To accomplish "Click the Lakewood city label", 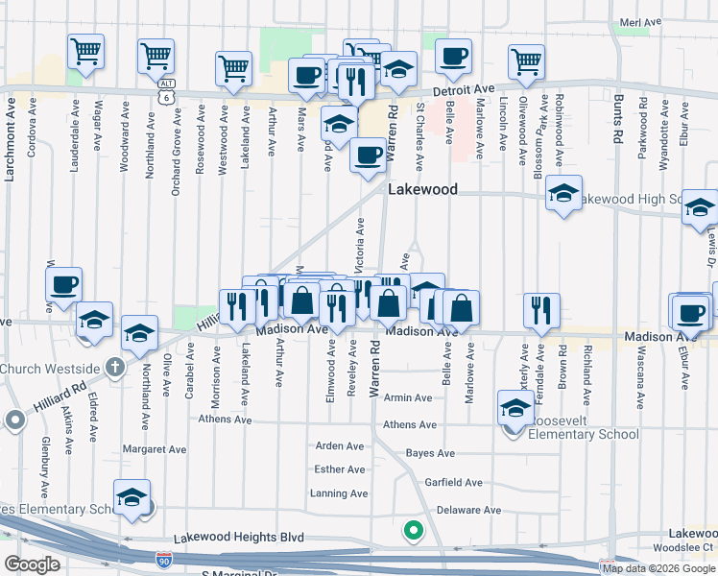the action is coord(422,190).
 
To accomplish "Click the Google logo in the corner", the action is coord(32,564).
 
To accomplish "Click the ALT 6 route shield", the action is coord(167,91).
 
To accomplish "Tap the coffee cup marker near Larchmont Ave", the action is coord(64,284).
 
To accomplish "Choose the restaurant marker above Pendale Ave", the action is coord(541,310).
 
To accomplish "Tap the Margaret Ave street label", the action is coord(155,448).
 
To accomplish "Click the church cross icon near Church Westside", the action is coord(114,367).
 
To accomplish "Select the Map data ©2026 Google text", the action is coord(658,567).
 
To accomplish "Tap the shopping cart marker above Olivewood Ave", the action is coord(526,62).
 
